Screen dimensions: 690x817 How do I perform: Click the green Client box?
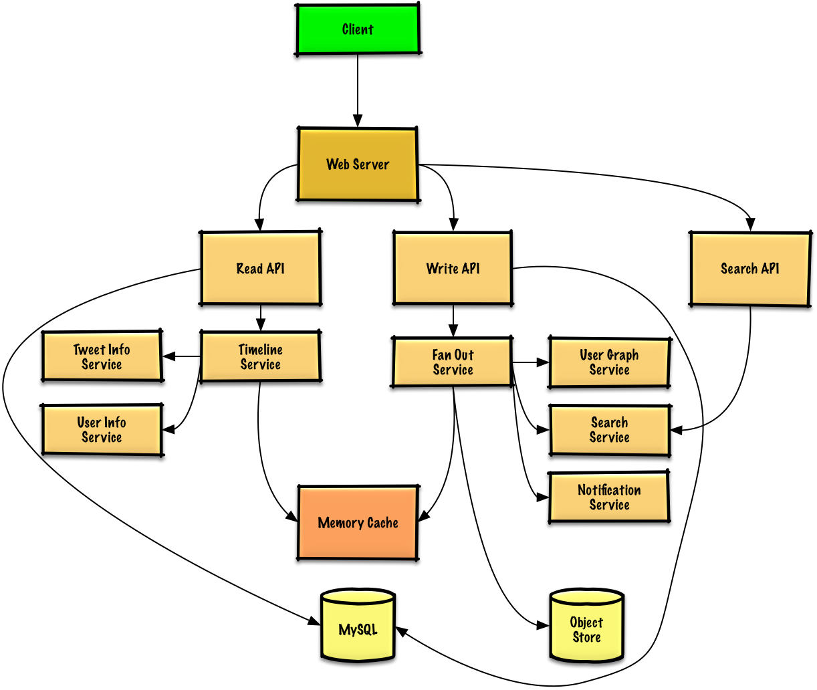[x=358, y=29]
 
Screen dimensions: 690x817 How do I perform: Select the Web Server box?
[x=358, y=164]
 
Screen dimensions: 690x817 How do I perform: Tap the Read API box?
[x=261, y=268]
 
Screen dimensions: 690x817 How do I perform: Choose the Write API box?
[x=453, y=268]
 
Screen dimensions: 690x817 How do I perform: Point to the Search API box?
[x=750, y=269]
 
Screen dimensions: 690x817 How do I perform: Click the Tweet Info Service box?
[x=102, y=356]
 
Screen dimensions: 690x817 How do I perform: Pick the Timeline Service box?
[x=260, y=357]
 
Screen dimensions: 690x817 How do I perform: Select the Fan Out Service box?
[x=453, y=362]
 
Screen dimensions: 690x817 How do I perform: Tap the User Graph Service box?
[x=609, y=362]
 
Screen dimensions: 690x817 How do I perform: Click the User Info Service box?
[x=102, y=430]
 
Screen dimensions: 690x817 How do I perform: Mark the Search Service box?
[x=609, y=430]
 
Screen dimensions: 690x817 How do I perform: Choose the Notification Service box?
[x=609, y=497]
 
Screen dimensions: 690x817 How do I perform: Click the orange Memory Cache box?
[x=358, y=522]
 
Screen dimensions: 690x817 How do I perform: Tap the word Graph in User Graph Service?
[x=623, y=355]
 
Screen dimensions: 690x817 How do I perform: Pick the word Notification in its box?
[x=609, y=490]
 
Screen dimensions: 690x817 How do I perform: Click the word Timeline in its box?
[x=260, y=350]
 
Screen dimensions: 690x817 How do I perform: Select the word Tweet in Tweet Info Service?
[x=88, y=350]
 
